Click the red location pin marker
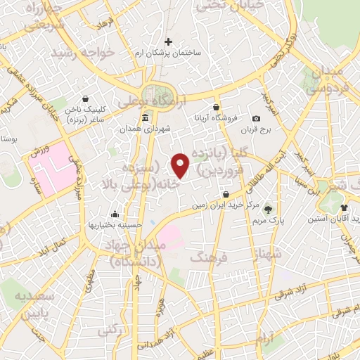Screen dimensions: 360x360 (x=181, y=165)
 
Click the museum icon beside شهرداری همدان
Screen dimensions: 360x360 (x=145, y=117)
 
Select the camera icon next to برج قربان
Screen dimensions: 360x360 (x=256, y=117)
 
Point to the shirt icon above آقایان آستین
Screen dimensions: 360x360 (x=344, y=207)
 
